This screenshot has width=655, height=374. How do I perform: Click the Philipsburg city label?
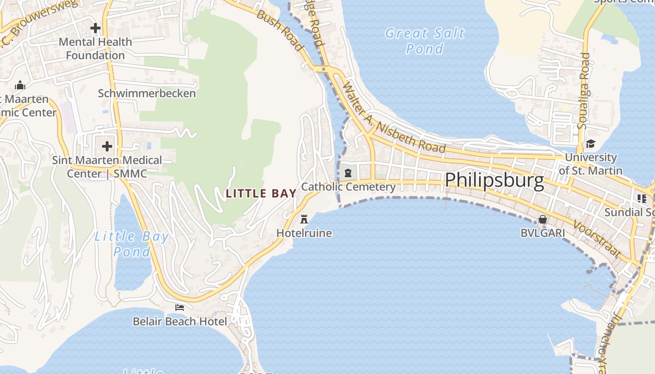(495, 180)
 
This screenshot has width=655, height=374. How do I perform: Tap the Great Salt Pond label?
(425, 41)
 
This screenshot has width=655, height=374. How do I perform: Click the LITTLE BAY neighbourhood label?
(261, 193)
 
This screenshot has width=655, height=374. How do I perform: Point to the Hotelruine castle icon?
(304, 219)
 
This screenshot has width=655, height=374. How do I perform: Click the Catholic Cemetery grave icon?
(348, 173)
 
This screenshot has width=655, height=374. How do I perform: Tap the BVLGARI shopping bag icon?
(542, 219)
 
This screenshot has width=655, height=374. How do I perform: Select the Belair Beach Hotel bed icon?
(180, 307)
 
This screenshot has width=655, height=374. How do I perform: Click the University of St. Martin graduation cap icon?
(590, 144)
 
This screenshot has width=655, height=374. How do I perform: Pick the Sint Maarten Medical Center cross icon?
(107, 146)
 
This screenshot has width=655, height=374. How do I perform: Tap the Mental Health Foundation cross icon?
(95, 28)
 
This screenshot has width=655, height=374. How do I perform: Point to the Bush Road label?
(280, 29)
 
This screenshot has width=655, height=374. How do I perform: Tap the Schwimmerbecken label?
(147, 93)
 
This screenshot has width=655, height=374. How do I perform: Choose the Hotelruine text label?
(304, 233)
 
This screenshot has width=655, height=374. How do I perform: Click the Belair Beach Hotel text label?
(180, 321)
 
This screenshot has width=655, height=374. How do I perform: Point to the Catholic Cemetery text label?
(348, 187)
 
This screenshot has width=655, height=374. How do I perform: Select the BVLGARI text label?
(542, 232)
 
